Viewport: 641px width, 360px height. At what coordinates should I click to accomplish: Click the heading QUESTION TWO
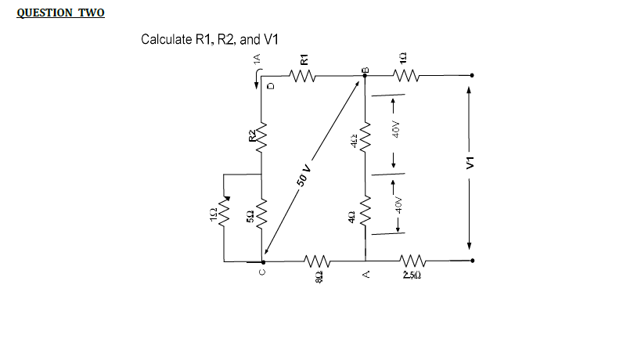(59, 14)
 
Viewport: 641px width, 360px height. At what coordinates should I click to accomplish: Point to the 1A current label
(256, 59)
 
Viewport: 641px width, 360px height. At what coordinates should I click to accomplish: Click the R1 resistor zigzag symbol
(302, 76)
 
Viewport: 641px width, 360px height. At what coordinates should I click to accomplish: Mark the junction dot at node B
(365, 76)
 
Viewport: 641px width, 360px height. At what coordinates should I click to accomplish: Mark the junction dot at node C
(263, 261)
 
